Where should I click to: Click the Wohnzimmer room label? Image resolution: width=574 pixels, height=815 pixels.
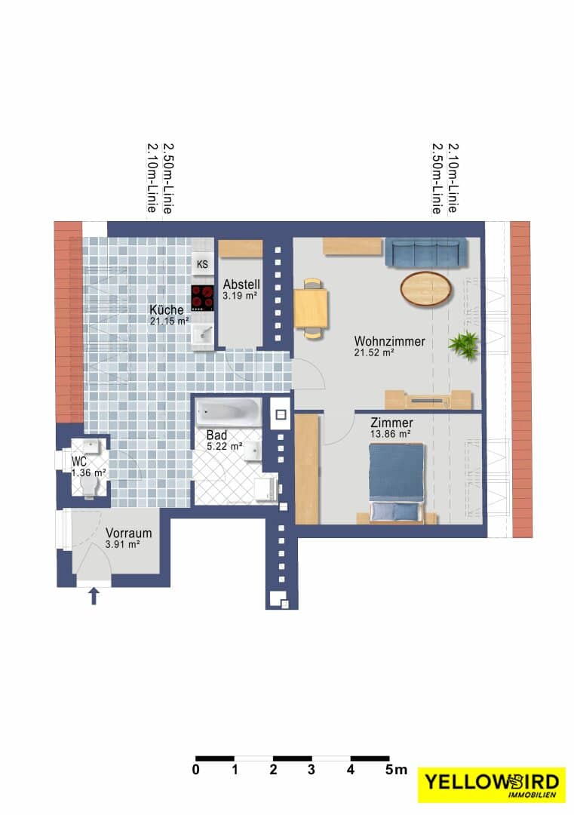click(390, 342)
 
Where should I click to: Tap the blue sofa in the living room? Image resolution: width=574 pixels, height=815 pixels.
click(425, 253)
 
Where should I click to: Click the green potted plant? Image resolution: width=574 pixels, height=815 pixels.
click(464, 345)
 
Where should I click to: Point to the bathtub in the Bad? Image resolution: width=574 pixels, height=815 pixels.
click(229, 412)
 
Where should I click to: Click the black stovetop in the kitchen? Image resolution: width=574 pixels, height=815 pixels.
click(203, 298)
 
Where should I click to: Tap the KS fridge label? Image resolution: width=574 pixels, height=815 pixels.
click(202, 265)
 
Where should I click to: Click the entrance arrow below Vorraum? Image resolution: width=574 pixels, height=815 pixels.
click(94, 596)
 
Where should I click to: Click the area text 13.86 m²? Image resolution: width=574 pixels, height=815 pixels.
click(391, 434)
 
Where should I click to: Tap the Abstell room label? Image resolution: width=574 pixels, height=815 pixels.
click(241, 284)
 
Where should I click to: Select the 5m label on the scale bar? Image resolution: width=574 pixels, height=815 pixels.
click(396, 770)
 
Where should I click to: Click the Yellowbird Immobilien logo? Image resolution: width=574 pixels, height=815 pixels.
click(491, 784)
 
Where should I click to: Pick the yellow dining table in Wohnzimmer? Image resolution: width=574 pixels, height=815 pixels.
click(311, 309)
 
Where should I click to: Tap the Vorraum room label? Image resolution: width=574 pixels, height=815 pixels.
click(129, 533)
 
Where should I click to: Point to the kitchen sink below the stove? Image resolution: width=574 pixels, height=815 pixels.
click(203, 332)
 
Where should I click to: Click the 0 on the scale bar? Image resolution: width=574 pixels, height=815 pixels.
click(196, 770)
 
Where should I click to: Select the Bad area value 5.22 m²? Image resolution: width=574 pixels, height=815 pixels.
click(225, 447)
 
